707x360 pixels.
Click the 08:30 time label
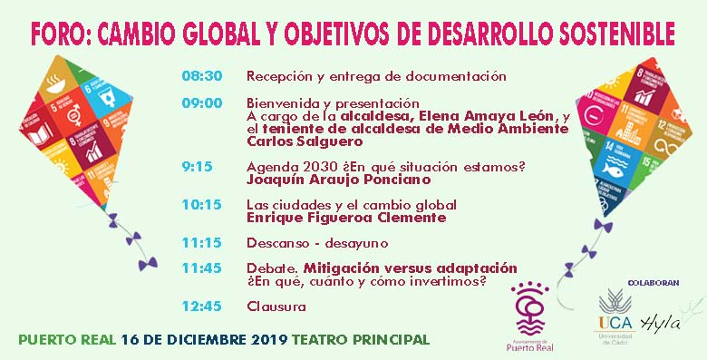(201, 76)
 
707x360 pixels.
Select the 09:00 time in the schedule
(201, 102)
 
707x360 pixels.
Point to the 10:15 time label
(201, 204)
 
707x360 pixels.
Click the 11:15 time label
(201, 242)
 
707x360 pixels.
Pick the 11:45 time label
(201, 268)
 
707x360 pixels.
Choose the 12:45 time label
(201, 306)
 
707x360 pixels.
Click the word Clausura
(276, 306)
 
